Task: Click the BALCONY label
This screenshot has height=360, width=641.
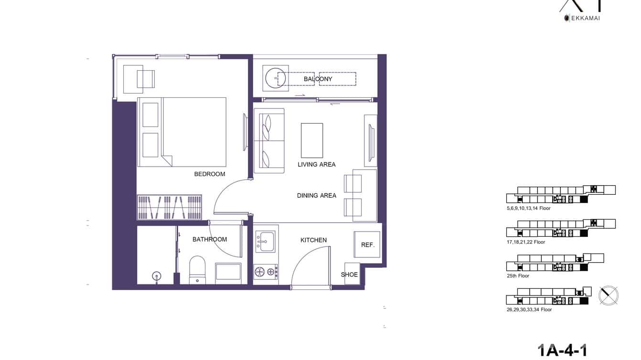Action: [318, 79]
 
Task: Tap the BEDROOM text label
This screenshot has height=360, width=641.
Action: [209, 174]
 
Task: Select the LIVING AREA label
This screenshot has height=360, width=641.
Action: [316, 164]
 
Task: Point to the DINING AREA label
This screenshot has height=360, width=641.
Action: [316, 195]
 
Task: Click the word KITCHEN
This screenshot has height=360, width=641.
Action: [313, 240]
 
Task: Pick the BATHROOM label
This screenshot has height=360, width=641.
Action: [209, 239]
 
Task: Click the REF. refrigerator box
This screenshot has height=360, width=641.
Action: [367, 244]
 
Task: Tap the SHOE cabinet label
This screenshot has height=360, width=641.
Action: [349, 275]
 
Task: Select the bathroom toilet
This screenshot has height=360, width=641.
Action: [197, 269]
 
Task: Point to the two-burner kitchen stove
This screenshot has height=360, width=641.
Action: [265, 272]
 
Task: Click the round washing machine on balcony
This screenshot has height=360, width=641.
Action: [276, 77]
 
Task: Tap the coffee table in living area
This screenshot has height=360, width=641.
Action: [311, 140]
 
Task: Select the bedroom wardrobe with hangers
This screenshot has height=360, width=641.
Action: [170, 207]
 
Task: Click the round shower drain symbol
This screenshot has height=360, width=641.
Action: [156, 275]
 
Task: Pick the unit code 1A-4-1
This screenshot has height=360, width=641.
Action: [562, 350]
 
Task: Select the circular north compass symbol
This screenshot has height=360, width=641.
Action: [609, 296]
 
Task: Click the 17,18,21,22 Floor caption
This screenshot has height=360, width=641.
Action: [526, 242]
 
